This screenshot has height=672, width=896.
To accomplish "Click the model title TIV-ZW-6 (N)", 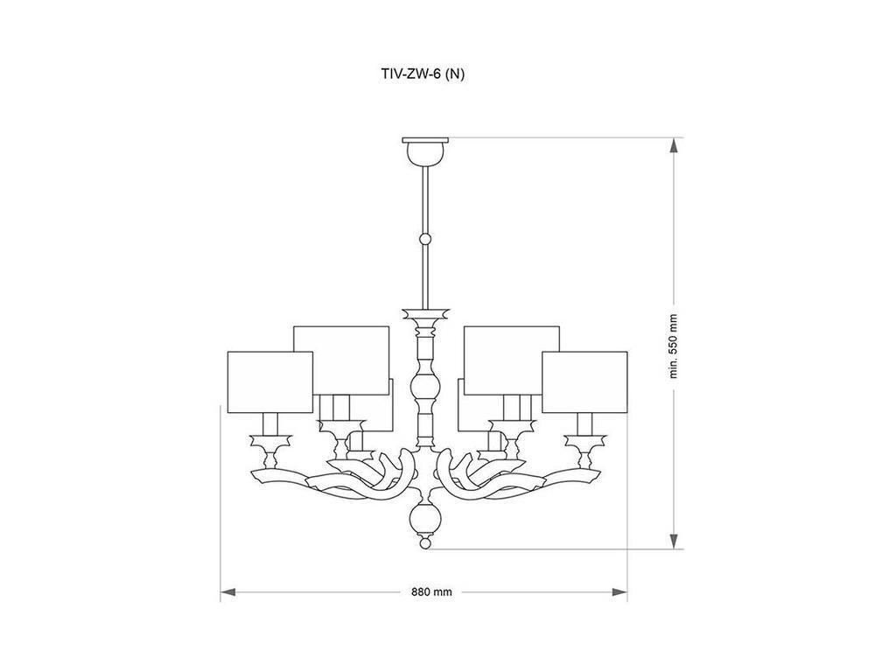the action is [x=423, y=73].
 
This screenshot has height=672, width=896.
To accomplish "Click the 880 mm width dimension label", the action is [x=431, y=592].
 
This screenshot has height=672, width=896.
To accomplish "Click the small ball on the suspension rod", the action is [x=425, y=239].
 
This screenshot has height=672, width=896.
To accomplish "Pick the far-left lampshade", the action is [x=270, y=381].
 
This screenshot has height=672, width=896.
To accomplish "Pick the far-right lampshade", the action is [x=584, y=381].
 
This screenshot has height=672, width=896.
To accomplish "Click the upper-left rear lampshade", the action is [x=342, y=360].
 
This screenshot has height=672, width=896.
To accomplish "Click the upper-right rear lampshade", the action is [x=511, y=360].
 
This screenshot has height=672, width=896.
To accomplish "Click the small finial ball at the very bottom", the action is [x=425, y=541].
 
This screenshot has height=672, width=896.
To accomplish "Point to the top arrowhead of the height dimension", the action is [x=675, y=145].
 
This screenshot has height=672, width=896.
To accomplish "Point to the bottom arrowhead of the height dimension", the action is [x=675, y=541].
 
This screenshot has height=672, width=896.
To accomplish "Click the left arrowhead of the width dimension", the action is [x=228, y=592].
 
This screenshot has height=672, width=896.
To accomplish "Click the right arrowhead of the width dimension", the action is [x=620, y=592].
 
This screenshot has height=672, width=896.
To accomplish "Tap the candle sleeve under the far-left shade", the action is [x=270, y=424].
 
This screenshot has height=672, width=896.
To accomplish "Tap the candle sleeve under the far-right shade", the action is [x=584, y=424].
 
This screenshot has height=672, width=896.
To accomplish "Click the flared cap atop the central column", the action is [x=426, y=314].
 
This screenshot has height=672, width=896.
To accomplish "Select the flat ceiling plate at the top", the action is [x=426, y=140].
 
